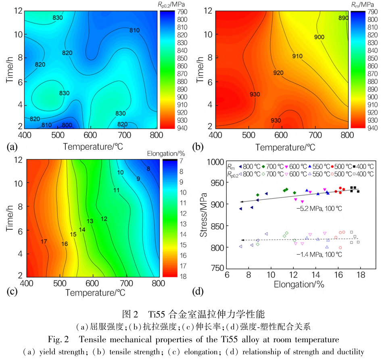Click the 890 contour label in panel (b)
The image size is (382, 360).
[343, 18]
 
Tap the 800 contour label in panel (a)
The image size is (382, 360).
[67, 125]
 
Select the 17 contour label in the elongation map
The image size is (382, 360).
[44, 241]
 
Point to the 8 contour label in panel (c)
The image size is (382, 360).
[148, 169]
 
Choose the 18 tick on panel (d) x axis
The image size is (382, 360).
[361, 275]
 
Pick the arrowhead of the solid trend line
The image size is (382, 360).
[241, 201]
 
